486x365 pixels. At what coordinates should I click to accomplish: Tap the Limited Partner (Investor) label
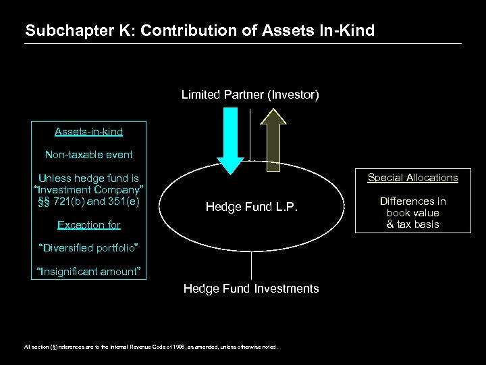[250, 95]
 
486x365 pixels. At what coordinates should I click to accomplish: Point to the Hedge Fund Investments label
[251, 289]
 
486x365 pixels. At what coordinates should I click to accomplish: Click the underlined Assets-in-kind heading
[89, 131]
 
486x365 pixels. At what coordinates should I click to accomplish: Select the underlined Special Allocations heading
[412, 178]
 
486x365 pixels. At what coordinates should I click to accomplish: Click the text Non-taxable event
[89, 155]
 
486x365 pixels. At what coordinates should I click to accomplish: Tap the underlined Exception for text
[89, 224]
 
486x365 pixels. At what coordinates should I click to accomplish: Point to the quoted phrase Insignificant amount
[89, 272]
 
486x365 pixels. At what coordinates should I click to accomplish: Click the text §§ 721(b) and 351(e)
[89, 201]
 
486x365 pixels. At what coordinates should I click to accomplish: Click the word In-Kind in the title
[347, 30]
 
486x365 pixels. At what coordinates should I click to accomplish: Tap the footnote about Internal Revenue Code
[151, 347]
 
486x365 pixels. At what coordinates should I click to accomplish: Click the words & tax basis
[412, 224]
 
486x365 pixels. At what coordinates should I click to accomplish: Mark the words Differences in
[412, 201]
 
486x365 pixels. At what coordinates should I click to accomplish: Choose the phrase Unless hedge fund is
[89, 178]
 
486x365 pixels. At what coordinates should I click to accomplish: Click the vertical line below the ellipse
[251, 266]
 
